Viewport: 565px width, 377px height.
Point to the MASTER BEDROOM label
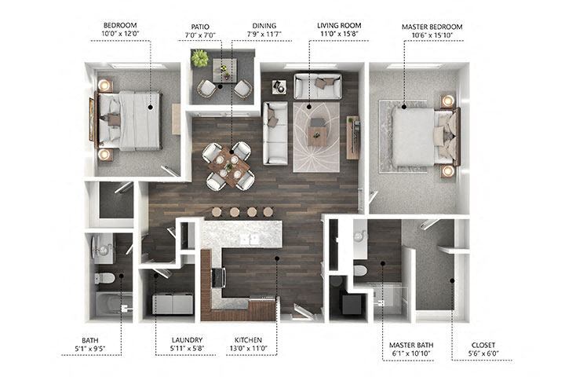pyautogui.click(x=432, y=26)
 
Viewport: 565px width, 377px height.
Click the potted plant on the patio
pyautogui.click(x=200, y=59)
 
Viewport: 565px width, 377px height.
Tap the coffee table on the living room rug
pyautogui.click(x=318, y=135)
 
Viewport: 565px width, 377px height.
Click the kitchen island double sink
pyautogui.click(x=249, y=238)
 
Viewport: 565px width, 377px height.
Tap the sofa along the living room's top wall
pyautogui.click(x=317, y=85)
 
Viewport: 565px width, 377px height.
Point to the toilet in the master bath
pyautogui.click(x=360, y=269)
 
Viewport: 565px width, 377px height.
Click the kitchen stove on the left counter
pyautogui.click(x=217, y=277)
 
